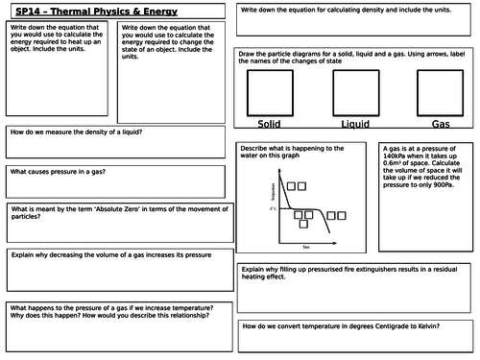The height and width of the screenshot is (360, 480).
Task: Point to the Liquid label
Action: pos(355,125)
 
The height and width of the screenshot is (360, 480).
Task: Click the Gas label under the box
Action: pos(441,125)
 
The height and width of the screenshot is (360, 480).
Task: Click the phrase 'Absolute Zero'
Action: pos(141,208)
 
